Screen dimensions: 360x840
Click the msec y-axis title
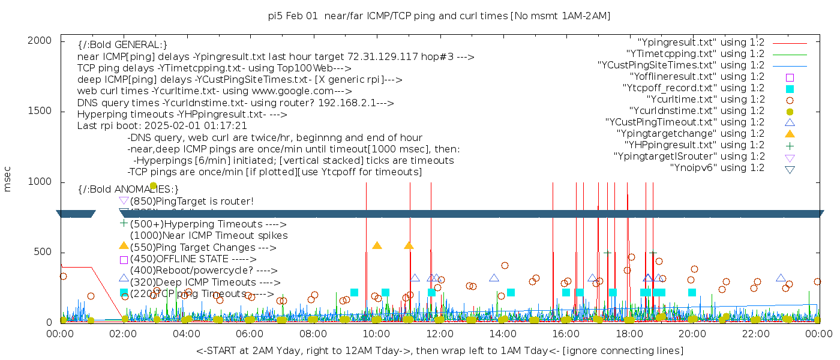pyautogui.click(x=8, y=181)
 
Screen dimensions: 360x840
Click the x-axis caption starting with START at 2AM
pyautogui.click(x=439, y=350)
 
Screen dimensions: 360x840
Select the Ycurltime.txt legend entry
pyautogui.click(x=706, y=100)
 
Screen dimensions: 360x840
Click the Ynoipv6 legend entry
pyautogui.click(x=717, y=168)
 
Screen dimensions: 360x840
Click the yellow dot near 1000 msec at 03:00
pyautogui.click(x=153, y=186)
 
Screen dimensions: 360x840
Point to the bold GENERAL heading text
pyautogui.click(x=122, y=45)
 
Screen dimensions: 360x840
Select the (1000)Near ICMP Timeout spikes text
pyautogui.click(x=208, y=236)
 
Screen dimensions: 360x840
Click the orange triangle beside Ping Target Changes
pyautogui.click(x=124, y=246)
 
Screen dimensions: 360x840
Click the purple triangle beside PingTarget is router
pyautogui.click(x=124, y=200)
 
